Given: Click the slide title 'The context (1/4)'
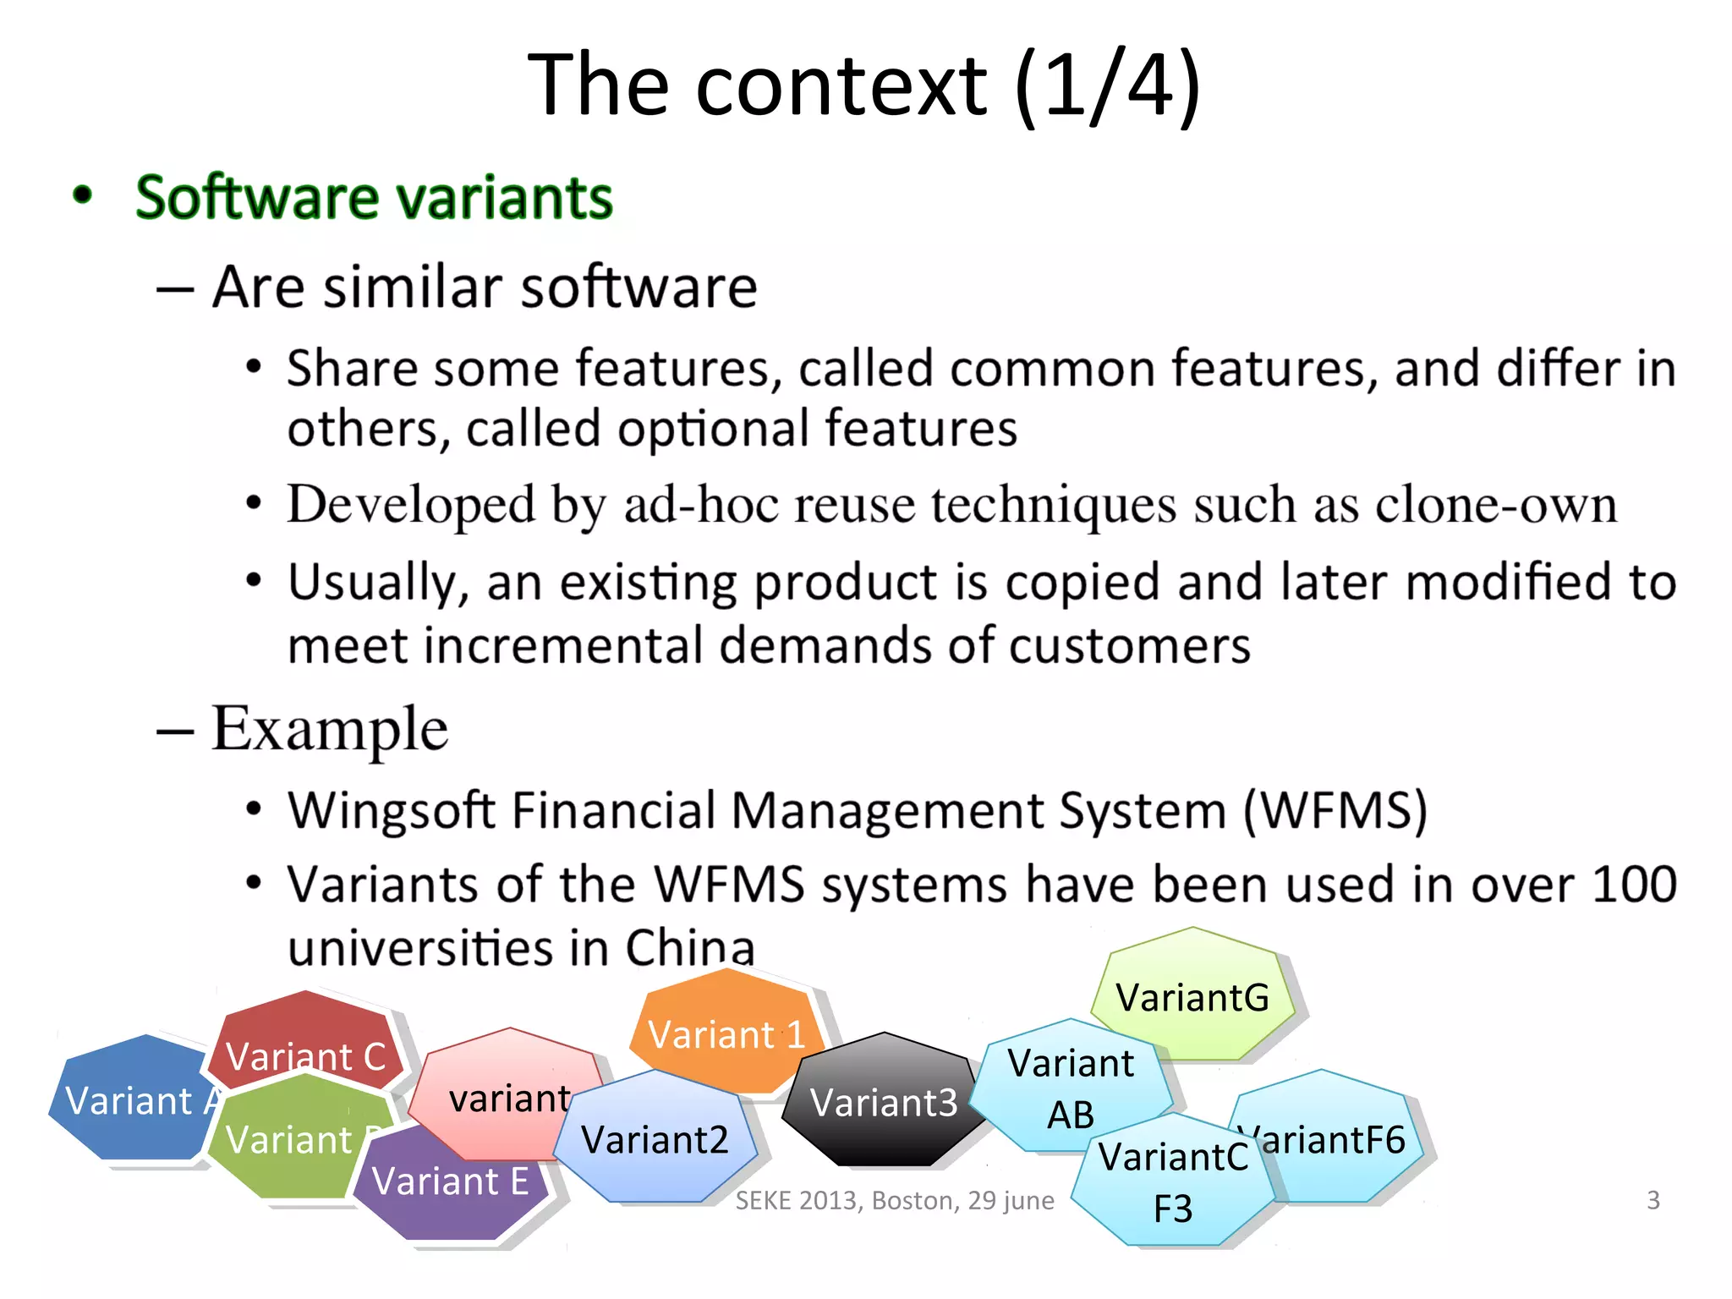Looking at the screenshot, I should click(x=864, y=85).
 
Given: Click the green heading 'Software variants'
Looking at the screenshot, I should click(x=374, y=198).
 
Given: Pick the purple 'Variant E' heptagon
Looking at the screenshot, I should click(x=450, y=1184).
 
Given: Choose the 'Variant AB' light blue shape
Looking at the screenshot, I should click(x=1071, y=1087).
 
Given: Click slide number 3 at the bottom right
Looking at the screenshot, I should click(x=1653, y=1199).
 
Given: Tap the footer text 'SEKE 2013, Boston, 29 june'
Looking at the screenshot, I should click(x=895, y=1200).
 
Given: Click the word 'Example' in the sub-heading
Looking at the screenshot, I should click(x=330, y=729).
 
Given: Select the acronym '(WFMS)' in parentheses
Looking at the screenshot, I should click(x=1335, y=809).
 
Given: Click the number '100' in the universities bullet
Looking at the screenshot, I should click(x=1634, y=885).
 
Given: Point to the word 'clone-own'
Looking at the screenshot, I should click(x=1497, y=505).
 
